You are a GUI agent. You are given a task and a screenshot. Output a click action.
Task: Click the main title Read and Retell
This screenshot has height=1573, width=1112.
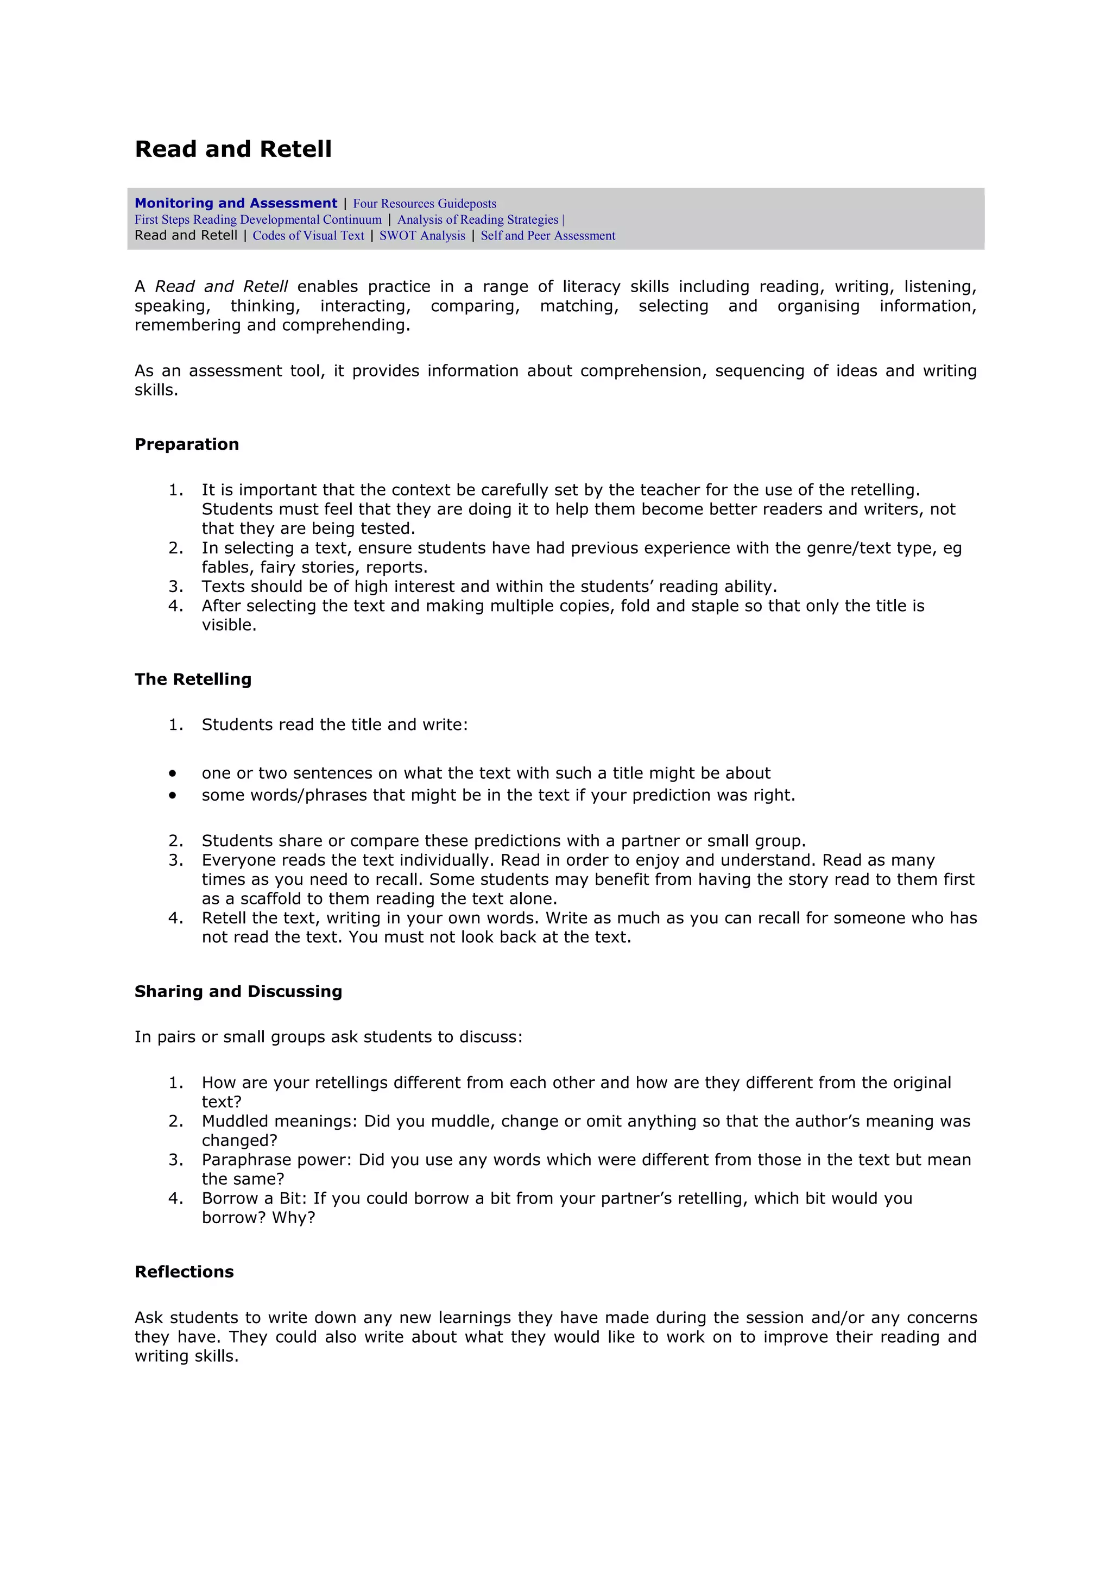233,149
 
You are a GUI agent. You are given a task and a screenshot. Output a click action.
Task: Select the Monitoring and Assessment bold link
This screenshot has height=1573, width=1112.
236,204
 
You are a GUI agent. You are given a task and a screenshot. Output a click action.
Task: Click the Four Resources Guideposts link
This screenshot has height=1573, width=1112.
425,204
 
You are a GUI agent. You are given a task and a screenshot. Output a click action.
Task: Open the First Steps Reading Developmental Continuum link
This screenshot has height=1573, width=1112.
258,219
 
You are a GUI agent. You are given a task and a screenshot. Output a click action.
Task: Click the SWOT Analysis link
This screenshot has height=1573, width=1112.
422,236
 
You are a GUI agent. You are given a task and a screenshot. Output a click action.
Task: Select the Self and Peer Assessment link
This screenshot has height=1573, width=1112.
548,236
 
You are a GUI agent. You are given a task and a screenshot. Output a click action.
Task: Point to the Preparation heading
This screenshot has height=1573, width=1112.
186,445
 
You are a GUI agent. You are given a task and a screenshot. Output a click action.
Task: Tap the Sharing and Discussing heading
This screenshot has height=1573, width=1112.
238,992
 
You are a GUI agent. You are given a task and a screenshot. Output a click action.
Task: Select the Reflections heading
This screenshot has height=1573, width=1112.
184,1272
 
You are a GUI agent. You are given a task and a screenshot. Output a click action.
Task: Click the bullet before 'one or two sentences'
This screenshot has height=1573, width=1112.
173,773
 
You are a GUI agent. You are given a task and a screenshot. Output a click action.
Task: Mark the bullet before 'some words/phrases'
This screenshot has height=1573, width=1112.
173,795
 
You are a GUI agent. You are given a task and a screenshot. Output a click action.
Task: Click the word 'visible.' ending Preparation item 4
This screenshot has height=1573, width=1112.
229,626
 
